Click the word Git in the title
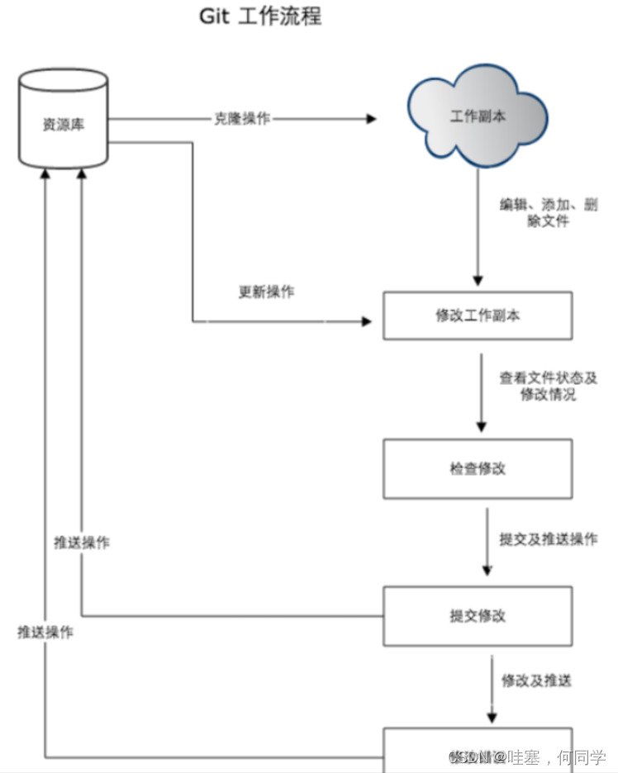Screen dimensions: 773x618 [214, 17]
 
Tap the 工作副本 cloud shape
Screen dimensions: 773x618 [478, 116]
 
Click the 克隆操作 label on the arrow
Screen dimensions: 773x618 [242, 118]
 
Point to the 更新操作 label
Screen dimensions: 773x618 [266, 292]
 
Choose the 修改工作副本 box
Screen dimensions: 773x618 [477, 315]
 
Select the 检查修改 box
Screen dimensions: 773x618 [477, 468]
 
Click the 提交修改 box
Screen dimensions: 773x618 [477, 616]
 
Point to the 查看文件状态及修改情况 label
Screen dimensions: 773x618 [548, 386]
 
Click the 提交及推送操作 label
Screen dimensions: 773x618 [549, 538]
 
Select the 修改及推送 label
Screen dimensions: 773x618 [536, 681]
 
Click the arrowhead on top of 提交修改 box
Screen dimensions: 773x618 [487, 570]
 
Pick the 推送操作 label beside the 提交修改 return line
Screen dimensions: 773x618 [81, 543]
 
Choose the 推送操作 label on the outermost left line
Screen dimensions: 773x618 [45, 633]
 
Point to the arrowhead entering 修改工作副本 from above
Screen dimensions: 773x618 [478, 280]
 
